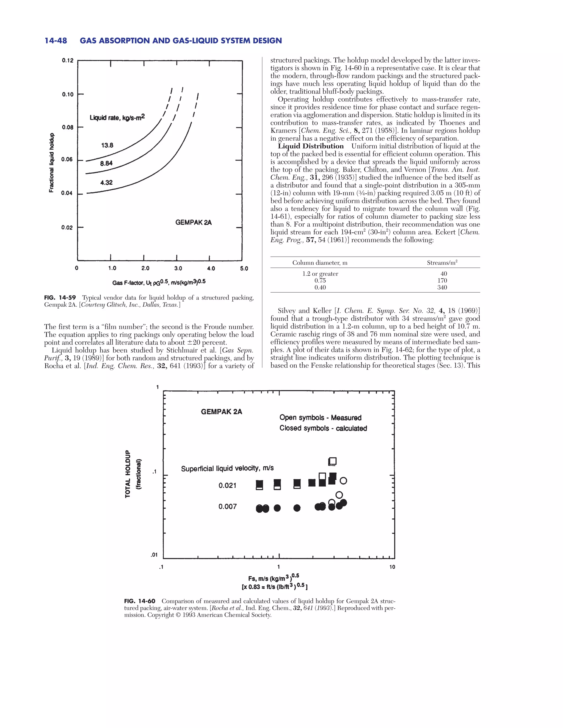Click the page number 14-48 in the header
coord(56,41)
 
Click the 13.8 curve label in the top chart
coord(107,145)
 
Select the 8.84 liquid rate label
coord(106,163)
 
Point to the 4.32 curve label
coord(106,182)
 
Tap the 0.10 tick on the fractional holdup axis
coord(68,94)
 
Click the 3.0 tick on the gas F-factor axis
coord(178,268)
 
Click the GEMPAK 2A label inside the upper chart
coord(194,222)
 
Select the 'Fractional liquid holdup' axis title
coord(51,163)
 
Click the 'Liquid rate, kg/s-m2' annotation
coord(117,117)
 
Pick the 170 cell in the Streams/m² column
coord(442,280)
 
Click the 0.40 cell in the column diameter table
coord(320,287)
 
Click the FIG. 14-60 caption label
coord(139,601)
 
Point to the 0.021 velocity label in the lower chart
coord(227,485)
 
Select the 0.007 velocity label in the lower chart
coord(227,506)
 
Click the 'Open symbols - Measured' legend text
coord(320,418)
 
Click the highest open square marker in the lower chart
coord(333,461)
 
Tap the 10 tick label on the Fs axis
coord(392,567)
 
